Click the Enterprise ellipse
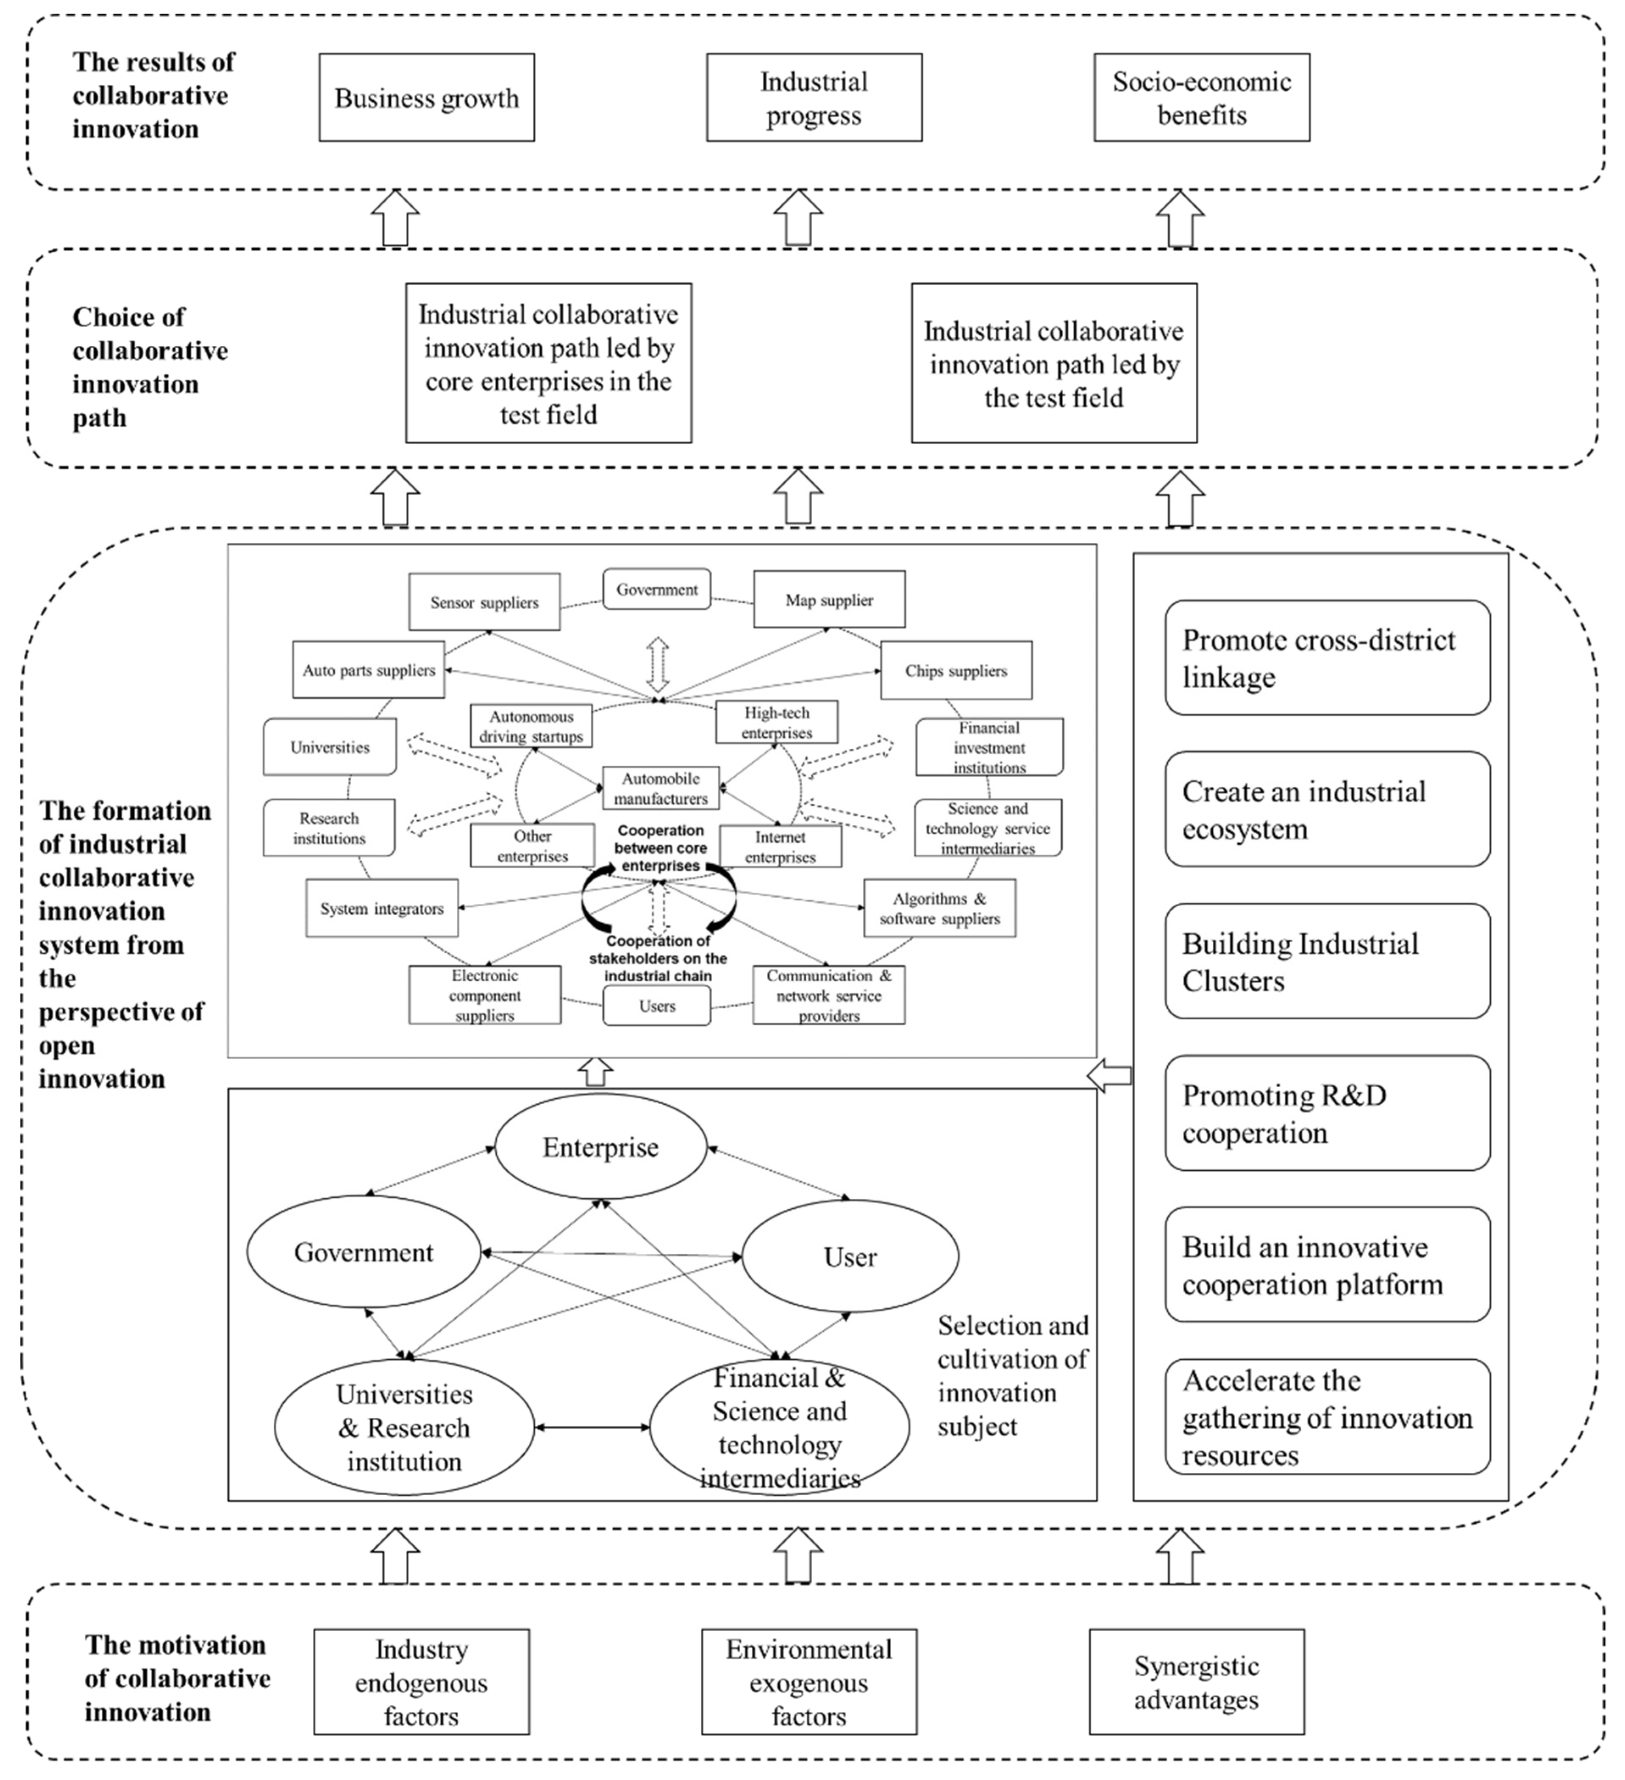pyautogui.click(x=600, y=1147)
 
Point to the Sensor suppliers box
pyautogui.click(x=484, y=602)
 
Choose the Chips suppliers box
pyautogui.click(x=956, y=670)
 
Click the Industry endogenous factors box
pyautogui.click(x=421, y=1682)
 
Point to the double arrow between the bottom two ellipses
pyautogui.click(x=592, y=1428)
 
